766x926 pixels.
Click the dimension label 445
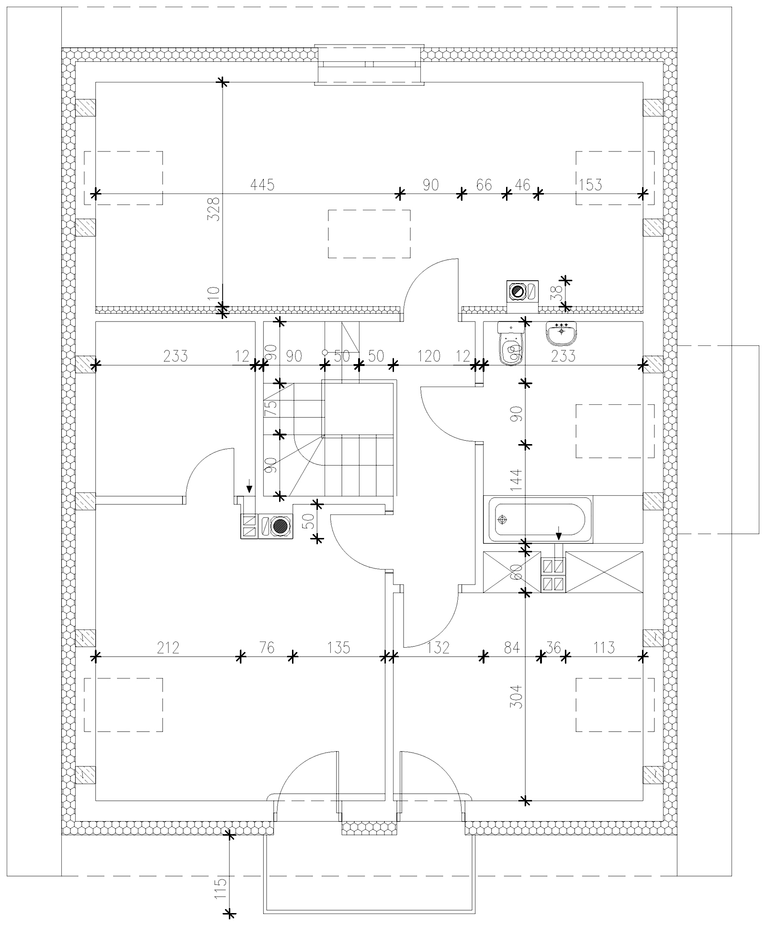point(262,184)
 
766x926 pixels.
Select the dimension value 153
point(590,184)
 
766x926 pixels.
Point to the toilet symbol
point(511,343)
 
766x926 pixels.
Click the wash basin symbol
point(561,332)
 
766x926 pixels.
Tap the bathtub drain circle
point(502,519)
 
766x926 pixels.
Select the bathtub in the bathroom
point(539,519)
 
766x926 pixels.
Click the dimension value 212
point(169,648)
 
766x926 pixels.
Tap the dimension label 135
point(338,648)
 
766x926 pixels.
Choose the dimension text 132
point(438,648)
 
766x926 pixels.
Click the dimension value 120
point(428,356)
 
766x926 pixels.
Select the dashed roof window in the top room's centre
point(369,234)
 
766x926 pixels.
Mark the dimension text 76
point(267,648)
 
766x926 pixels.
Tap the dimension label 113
point(604,648)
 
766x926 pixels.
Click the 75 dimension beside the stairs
point(271,407)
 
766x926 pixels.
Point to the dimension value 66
point(484,184)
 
